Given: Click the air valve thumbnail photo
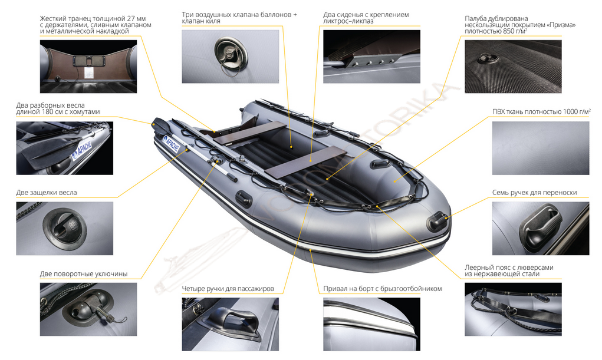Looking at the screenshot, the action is tap(231, 57).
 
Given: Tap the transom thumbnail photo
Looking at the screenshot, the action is tap(88, 67).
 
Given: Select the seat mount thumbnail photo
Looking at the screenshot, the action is tap(371, 57).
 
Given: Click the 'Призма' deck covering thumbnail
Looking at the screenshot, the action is tap(514, 67).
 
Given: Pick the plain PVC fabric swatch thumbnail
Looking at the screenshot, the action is tap(541, 148).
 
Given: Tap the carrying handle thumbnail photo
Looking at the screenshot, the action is tap(541, 229).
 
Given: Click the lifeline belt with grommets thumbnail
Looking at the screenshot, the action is tap(514, 309).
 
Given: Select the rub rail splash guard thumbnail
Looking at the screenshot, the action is tap(371, 324).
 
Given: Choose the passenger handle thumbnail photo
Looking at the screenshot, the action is tap(231, 324).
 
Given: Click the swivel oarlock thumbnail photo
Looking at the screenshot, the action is tap(88, 309).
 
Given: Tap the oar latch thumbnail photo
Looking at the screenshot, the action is tap(64, 229).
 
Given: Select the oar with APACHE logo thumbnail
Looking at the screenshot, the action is tap(64, 148).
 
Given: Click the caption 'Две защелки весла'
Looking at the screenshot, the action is tap(47, 193).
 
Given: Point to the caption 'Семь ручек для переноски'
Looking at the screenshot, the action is tap(534, 193).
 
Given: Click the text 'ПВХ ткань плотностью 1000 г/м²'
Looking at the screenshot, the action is tap(541, 112).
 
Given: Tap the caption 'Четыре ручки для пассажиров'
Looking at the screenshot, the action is tap(228, 289).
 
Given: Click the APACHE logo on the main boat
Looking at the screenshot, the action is tap(171, 144).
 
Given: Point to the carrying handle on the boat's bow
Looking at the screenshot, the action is tap(437, 220).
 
